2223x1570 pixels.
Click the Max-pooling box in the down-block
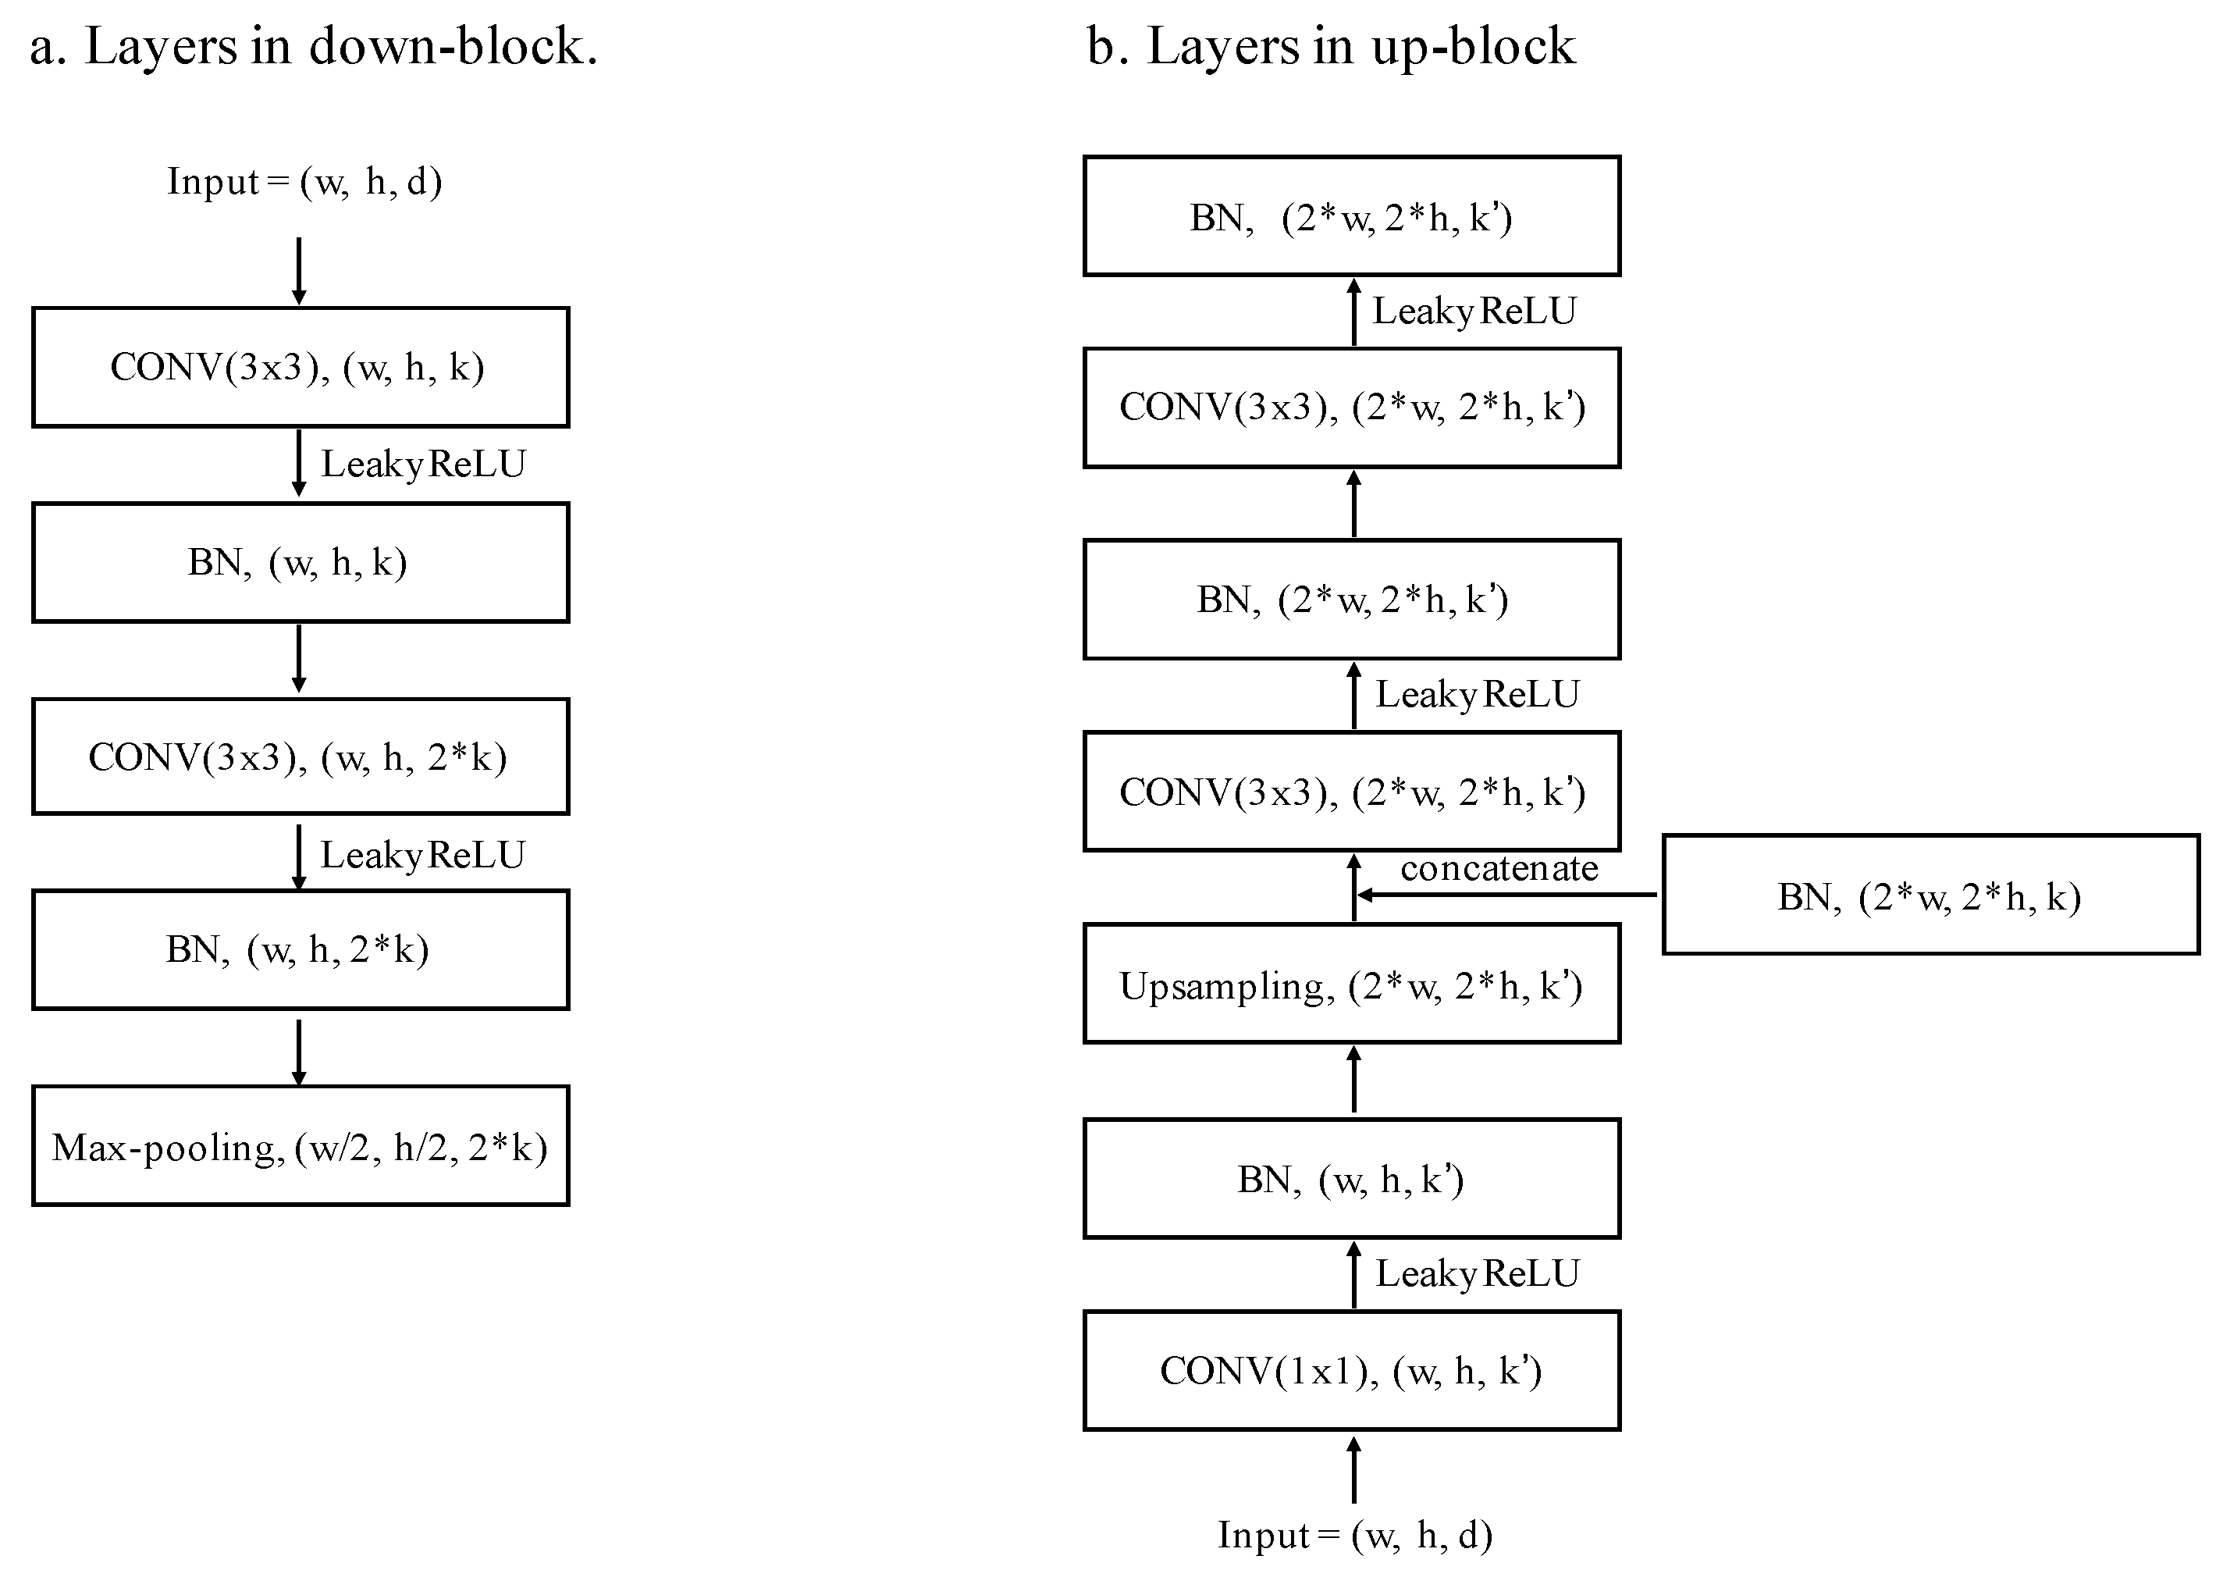[x=301, y=1146]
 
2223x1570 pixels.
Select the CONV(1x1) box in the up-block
[x=1352, y=1370]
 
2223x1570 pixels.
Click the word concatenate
[x=1499, y=868]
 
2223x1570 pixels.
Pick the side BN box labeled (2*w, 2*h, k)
[x=1930, y=895]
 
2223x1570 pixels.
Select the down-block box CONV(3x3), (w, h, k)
[x=301, y=367]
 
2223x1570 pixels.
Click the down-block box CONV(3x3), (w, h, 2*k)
[x=301, y=757]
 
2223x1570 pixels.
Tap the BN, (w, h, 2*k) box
[x=301, y=949]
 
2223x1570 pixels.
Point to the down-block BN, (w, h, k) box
[x=301, y=562]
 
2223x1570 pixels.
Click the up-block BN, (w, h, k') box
[x=1352, y=1179]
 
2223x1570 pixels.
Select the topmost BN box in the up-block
[x=1352, y=216]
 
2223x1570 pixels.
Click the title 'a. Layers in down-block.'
[x=314, y=47]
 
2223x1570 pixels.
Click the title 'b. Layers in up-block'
[x=1332, y=47]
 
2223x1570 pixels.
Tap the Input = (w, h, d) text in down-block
[x=304, y=181]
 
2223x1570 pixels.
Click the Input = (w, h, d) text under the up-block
[x=1354, y=1534]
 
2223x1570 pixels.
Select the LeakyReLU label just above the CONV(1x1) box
[x=1477, y=1273]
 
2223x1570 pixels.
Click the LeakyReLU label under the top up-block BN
[x=1474, y=311]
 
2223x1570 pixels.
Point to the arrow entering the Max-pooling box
[x=299, y=1052]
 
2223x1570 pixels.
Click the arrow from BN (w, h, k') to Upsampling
[x=1353, y=1080]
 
